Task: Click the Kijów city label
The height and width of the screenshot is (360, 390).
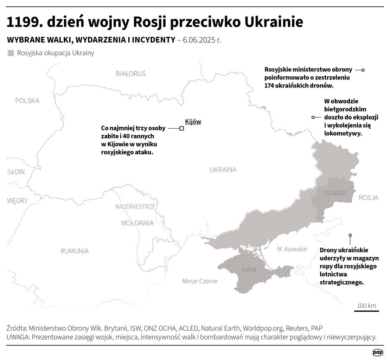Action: coord(193,122)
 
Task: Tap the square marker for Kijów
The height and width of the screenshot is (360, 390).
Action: coord(181,129)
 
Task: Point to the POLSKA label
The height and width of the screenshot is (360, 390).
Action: coord(27,101)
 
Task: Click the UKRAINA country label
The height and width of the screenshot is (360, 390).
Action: coord(223,170)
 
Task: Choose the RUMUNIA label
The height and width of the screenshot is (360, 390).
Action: coord(75,251)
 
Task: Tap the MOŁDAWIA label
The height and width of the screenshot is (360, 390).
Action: coord(137,223)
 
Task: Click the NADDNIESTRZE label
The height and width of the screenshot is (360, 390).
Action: coord(135,207)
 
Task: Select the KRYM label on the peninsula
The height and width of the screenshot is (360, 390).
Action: coord(249,270)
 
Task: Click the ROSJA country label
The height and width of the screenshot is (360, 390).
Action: coord(368,198)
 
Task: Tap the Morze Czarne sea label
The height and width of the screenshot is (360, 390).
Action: coord(200,281)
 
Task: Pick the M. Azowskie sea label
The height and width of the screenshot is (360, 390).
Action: coord(292,249)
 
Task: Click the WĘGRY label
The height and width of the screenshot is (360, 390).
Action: coord(17,201)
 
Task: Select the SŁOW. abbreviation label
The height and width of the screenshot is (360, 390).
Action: coord(17,172)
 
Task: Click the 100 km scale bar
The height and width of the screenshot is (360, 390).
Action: coord(366,310)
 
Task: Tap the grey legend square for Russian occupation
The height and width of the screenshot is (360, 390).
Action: coord(11,53)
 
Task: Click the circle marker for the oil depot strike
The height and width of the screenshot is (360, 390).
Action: coord(350,235)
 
